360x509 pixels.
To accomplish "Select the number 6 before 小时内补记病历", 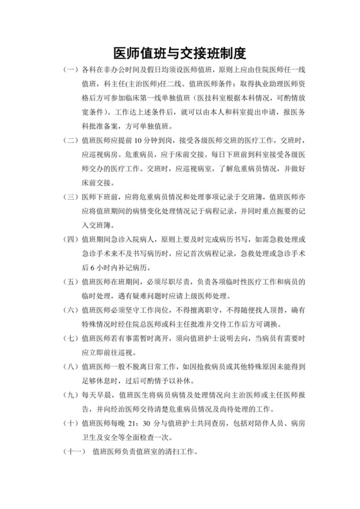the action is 104,267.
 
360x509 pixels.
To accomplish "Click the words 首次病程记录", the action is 195,253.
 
